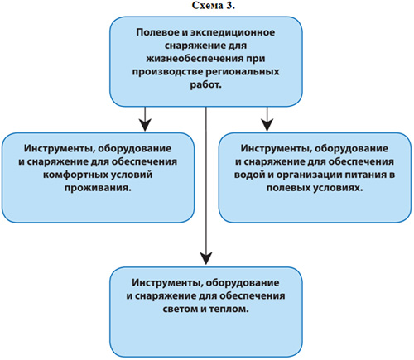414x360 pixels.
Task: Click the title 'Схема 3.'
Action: pos(214,6)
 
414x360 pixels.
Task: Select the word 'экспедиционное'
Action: pos(233,33)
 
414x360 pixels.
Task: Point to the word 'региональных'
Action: pos(243,72)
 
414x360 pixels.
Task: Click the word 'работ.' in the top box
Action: pos(205,85)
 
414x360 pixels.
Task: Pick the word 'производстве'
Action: pos(168,72)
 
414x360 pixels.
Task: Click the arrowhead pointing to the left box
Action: pos(146,125)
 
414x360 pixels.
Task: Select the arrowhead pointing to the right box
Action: pos(267,125)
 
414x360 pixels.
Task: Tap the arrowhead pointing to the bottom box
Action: pos(206,258)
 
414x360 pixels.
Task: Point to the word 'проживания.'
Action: pos(98,188)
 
